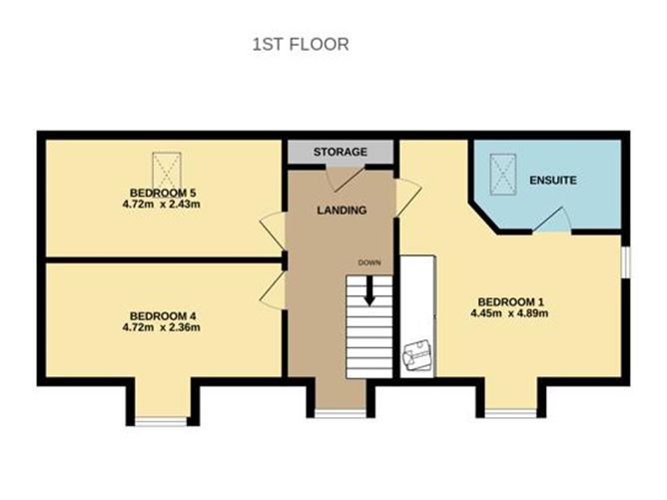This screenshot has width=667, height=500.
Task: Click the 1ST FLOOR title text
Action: tap(299, 45)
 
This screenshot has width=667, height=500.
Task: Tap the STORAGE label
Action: tap(339, 152)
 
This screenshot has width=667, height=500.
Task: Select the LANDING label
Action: tap(341, 211)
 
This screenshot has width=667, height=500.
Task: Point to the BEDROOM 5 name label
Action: tap(161, 193)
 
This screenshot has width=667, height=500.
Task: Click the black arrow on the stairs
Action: tap(368, 290)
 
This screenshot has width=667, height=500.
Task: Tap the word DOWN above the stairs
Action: tap(368, 262)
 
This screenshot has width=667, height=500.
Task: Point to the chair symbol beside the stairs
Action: tap(416, 355)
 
